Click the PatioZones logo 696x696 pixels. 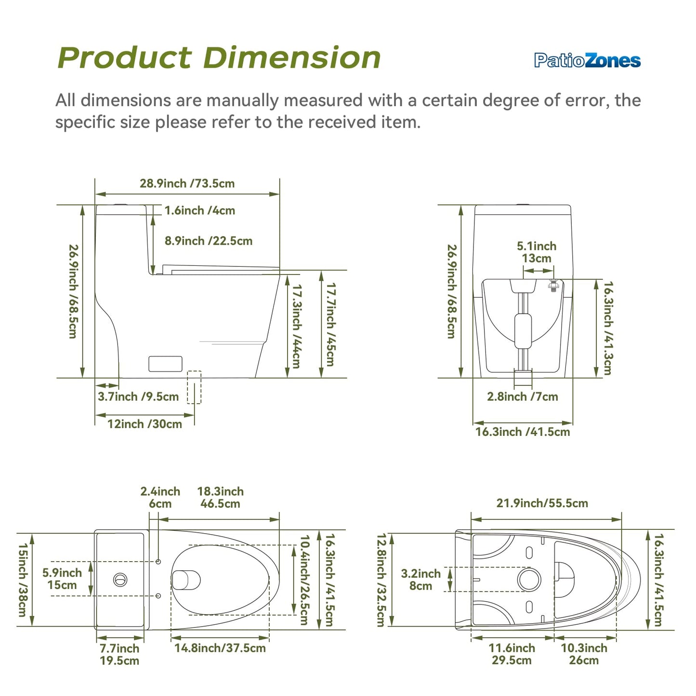[x=587, y=60]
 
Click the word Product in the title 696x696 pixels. [x=124, y=58]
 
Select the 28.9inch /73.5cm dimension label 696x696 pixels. [x=187, y=184]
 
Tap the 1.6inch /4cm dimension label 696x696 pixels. [x=200, y=210]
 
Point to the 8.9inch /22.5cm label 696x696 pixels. [x=209, y=240]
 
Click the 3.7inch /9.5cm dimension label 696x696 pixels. [x=138, y=396]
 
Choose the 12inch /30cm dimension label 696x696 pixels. [x=144, y=424]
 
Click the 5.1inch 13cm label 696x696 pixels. [x=537, y=252]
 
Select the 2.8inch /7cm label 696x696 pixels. [x=522, y=396]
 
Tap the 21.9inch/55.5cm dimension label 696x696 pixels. [x=542, y=503]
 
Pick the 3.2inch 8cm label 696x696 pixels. [x=421, y=579]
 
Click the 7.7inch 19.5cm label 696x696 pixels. [x=119, y=655]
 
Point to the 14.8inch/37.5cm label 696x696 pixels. [x=220, y=648]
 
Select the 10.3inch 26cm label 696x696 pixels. [x=584, y=654]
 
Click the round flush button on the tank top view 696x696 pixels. [x=120, y=580]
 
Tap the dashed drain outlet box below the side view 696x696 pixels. [x=194, y=387]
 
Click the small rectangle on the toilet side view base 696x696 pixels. [x=165, y=364]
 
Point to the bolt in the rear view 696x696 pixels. [x=553, y=285]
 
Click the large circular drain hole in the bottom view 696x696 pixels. [x=529, y=579]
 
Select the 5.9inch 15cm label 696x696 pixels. [x=62, y=578]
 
